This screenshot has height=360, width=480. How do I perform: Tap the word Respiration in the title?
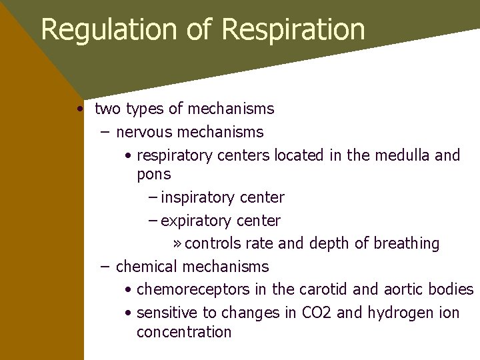tap(293, 30)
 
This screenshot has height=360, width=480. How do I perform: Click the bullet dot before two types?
tap(79, 109)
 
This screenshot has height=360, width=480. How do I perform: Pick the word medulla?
tap(402, 155)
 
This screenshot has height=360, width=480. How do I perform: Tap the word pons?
tap(153, 175)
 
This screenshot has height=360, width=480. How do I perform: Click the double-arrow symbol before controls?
tap(177, 244)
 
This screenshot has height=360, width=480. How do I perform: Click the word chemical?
tap(146, 267)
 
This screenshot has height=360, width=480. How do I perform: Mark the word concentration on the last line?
tap(183, 332)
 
